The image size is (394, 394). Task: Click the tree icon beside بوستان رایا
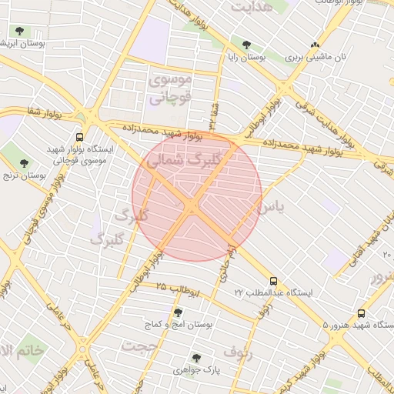point(245,45)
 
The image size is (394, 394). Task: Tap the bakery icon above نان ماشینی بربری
point(314,45)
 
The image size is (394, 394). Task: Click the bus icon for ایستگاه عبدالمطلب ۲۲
point(274,281)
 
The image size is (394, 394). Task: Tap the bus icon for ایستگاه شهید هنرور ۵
point(361,313)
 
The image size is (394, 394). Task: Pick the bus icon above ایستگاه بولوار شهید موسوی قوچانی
point(80,136)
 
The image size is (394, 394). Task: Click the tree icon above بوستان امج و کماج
point(179,312)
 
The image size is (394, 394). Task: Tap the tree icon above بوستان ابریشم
point(19,32)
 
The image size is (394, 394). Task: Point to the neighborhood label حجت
point(144,346)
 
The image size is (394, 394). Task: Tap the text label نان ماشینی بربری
point(314,58)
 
